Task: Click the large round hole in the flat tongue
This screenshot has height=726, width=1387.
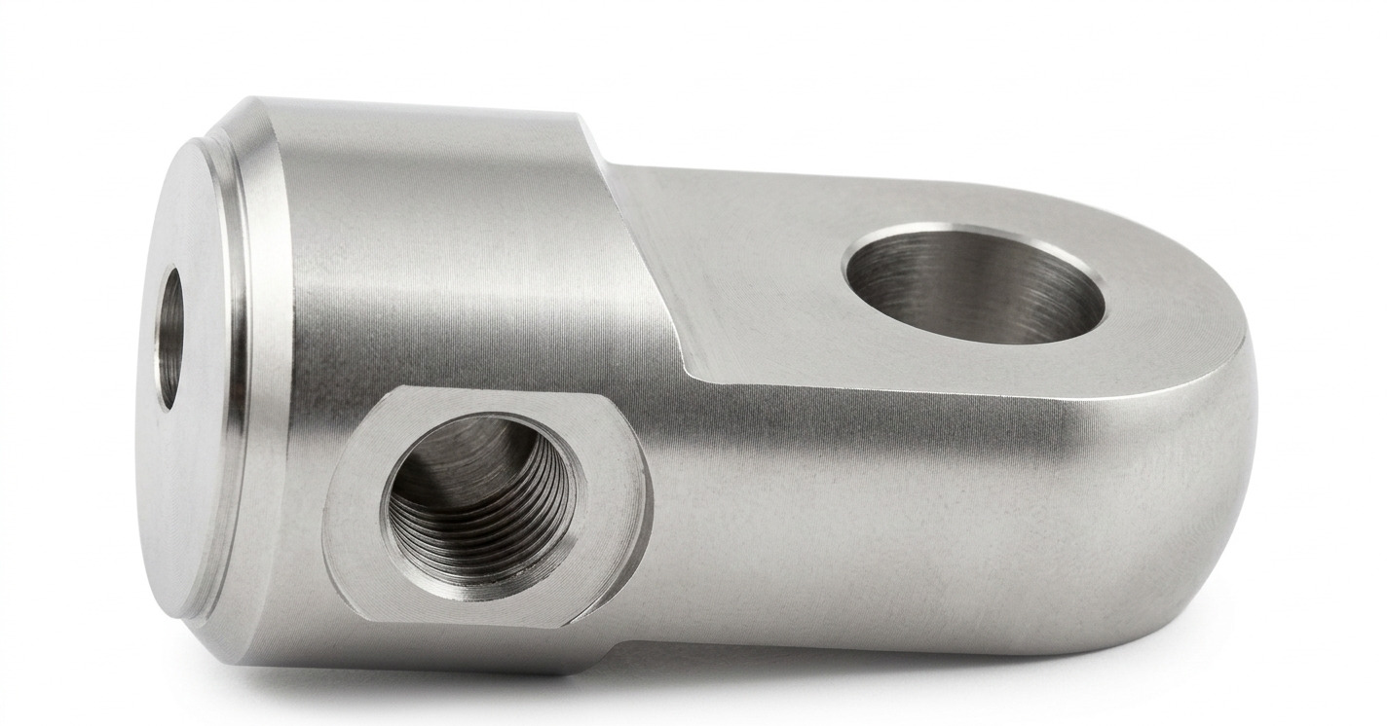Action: point(975,283)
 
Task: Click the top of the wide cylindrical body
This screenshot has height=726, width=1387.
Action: point(409,127)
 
